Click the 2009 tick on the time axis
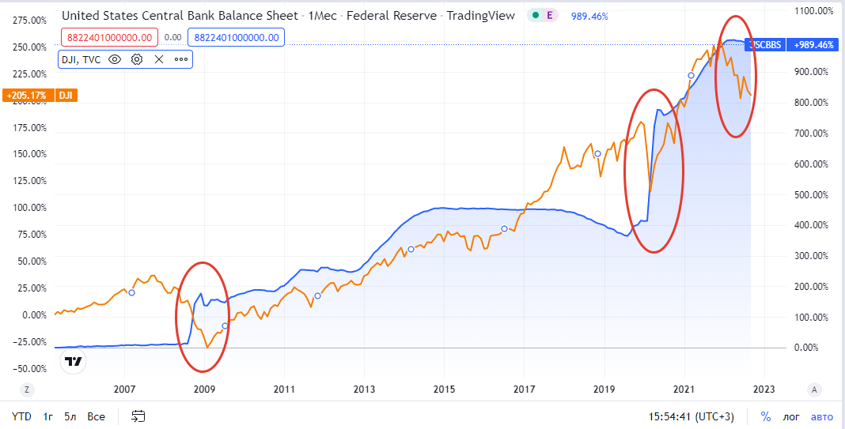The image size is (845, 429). [x=204, y=389]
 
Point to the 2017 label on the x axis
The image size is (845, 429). [x=524, y=389]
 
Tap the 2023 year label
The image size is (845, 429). [x=764, y=389]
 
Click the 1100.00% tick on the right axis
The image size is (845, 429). [x=813, y=10]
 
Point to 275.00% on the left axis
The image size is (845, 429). [x=30, y=21]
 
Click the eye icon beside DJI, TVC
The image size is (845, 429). [x=115, y=59]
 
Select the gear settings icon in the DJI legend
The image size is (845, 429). [x=137, y=59]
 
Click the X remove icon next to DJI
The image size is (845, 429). [x=159, y=59]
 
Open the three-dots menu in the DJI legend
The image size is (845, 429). [x=181, y=59]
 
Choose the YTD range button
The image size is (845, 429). [x=21, y=416]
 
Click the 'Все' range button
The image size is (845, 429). [x=96, y=416]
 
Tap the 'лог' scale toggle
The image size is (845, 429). [x=791, y=416]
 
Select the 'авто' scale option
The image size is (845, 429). [x=823, y=416]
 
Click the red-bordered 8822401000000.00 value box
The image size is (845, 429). [x=109, y=36]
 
